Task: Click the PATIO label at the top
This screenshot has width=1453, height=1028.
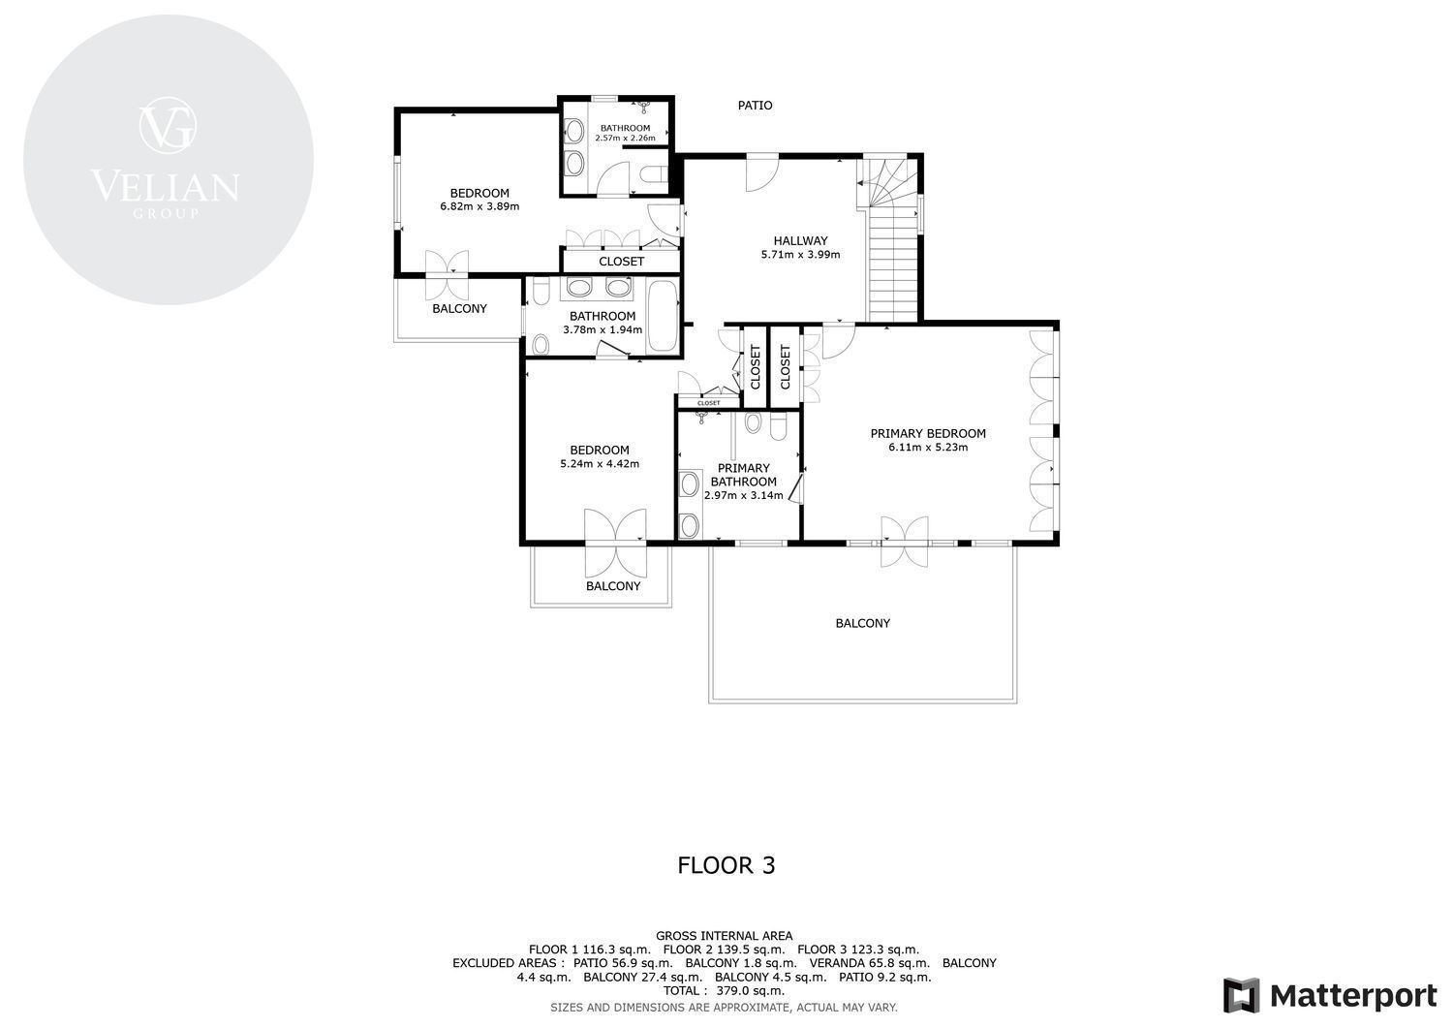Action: click(x=755, y=106)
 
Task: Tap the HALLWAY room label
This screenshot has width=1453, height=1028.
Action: click(x=800, y=241)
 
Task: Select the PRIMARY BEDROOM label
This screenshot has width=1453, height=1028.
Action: click(x=928, y=433)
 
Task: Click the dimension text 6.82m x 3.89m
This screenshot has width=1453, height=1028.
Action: click(x=479, y=207)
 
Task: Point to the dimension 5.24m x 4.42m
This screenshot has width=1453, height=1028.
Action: click(x=600, y=464)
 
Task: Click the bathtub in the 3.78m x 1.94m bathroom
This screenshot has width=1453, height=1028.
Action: click(x=663, y=316)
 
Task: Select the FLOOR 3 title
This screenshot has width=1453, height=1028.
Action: click(x=726, y=865)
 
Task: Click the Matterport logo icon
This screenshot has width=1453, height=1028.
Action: click(x=1242, y=995)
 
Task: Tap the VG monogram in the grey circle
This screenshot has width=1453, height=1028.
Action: click(x=168, y=126)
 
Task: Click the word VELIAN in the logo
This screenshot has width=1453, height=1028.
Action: click(x=166, y=186)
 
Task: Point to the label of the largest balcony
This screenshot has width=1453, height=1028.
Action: click(x=863, y=624)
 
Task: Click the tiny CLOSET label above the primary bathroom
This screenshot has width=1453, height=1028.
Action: click(x=708, y=403)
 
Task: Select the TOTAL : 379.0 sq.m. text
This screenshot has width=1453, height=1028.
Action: click(x=724, y=991)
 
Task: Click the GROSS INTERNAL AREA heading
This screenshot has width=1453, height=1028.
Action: click(x=724, y=936)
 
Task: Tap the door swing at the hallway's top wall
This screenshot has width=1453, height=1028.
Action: click(x=761, y=174)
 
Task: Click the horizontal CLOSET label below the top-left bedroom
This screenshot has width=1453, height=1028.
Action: click(x=622, y=262)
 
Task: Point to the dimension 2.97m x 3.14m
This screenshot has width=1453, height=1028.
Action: click(x=743, y=496)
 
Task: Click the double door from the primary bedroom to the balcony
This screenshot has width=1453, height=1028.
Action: click(x=904, y=543)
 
